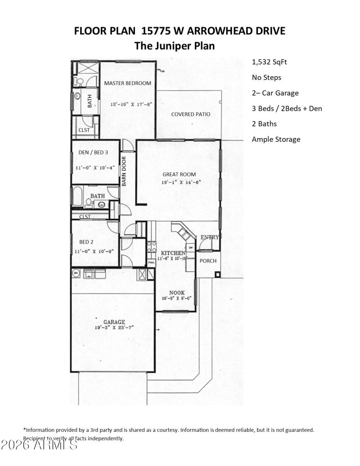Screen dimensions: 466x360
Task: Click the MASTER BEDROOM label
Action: [128, 83]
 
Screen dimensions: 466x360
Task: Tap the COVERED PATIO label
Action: [190, 114]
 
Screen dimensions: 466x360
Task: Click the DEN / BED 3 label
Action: [93, 152]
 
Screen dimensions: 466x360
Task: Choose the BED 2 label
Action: [86, 241]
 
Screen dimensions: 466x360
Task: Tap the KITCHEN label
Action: [171, 253]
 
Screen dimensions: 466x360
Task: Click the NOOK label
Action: [177, 293]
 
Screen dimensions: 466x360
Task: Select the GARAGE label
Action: [114, 322]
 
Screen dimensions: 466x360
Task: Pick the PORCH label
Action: [208, 261]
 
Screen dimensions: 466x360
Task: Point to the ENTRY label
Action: [209, 237]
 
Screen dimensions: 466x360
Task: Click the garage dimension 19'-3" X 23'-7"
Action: [114, 328]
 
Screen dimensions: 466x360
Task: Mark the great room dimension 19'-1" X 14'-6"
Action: [181, 183]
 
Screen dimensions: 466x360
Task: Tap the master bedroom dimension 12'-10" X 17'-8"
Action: [131, 104]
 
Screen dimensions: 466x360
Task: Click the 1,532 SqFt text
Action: [269, 62]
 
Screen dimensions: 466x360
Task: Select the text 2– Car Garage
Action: [275, 93]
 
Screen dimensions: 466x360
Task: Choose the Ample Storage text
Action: [276, 140]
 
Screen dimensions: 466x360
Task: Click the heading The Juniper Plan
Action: [175, 46]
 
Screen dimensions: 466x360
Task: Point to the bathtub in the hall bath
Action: [77, 196]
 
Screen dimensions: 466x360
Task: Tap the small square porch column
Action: [217, 274]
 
